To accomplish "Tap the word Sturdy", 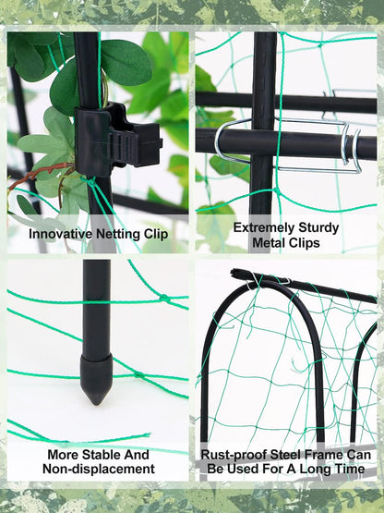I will pos(319,227).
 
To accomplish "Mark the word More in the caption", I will pos(64,455).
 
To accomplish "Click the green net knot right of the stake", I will pos(164,298).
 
